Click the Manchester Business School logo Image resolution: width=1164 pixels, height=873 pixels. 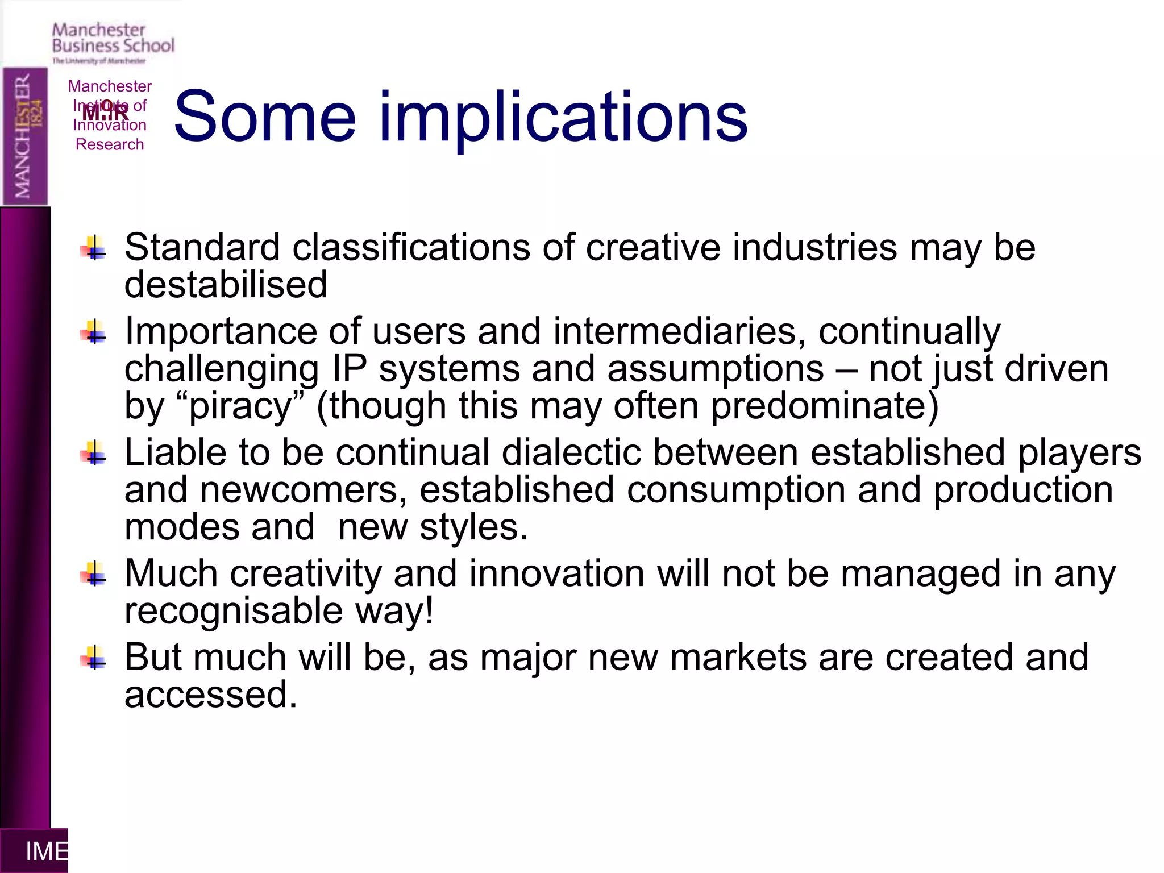[113, 43]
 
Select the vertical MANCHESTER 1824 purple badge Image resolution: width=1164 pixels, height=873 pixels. [25, 136]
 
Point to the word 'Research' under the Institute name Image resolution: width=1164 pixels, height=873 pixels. [110, 144]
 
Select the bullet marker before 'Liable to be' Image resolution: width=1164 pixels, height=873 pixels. [94, 454]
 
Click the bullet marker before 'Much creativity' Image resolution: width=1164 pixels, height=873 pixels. [94, 575]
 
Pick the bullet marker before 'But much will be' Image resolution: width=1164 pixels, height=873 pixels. [94, 658]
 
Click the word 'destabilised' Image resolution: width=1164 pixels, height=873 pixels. [226, 284]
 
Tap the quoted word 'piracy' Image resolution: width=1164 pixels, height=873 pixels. [240, 406]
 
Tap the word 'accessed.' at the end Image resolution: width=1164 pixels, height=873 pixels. [211, 695]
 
